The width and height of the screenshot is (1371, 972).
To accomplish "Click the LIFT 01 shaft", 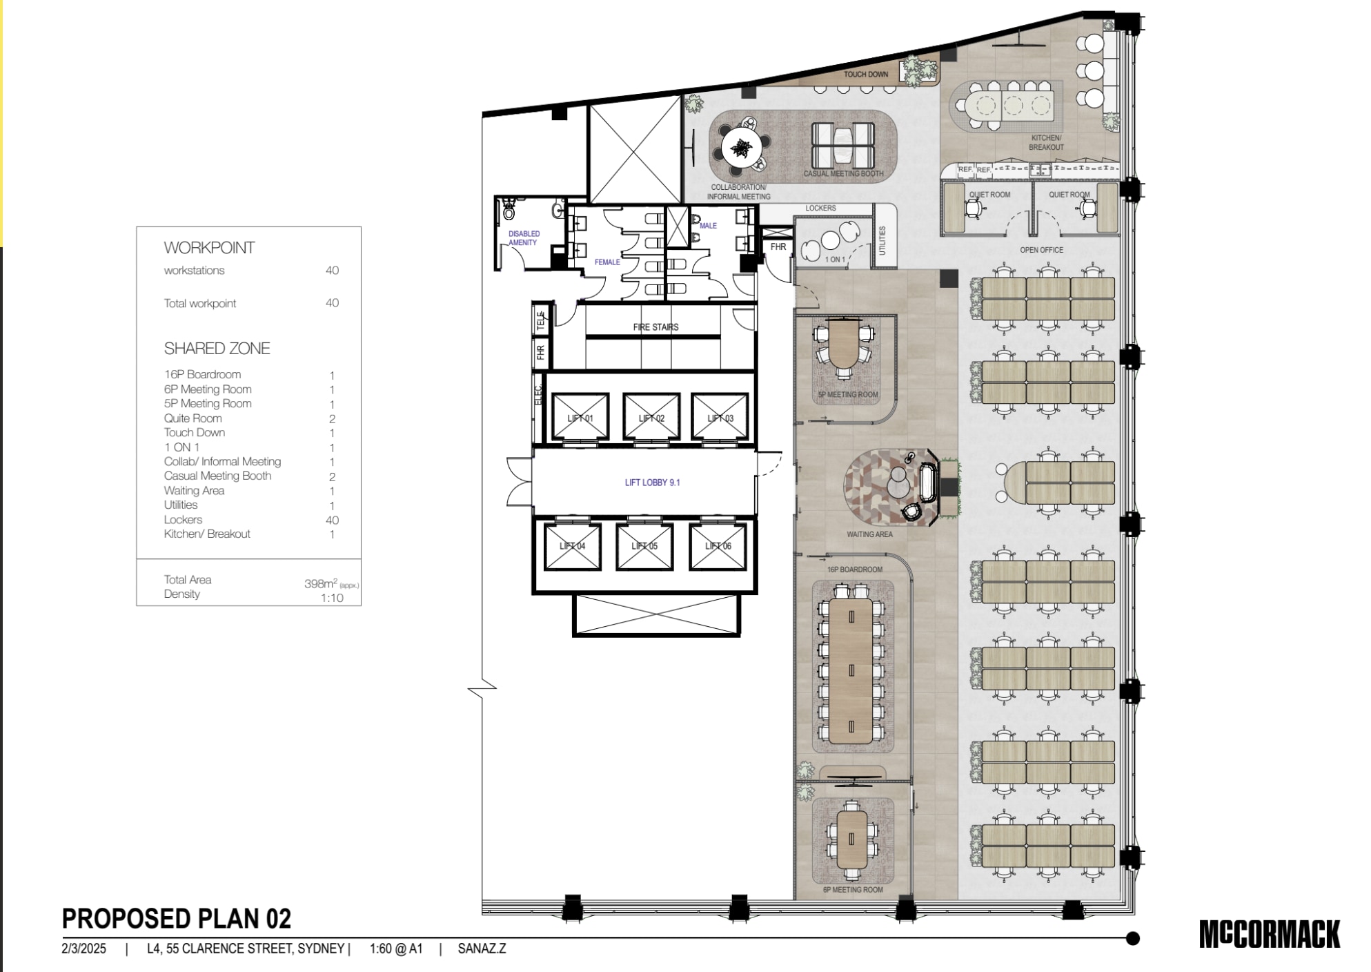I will [580, 417].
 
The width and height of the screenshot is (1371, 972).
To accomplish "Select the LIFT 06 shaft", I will [718, 546].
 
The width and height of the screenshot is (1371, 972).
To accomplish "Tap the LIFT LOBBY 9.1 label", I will [652, 483].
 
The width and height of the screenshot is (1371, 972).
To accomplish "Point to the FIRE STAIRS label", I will [655, 327].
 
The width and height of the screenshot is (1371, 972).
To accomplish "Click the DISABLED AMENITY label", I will [523, 238].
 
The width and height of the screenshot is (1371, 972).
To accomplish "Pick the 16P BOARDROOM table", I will [852, 670].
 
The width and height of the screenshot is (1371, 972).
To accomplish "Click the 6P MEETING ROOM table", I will [852, 839].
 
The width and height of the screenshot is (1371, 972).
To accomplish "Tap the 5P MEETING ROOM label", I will [848, 395].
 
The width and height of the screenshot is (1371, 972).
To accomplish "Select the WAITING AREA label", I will [869, 534].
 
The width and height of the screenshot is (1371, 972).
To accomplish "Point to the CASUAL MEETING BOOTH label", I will [843, 174].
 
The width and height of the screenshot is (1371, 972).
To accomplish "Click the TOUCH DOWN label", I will [866, 75].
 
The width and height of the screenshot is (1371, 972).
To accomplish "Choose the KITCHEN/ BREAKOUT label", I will [1046, 143].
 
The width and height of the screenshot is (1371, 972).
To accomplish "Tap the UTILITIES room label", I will [882, 241].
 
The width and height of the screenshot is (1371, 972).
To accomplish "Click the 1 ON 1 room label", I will [835, 260].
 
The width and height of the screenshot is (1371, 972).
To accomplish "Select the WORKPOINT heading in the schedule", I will [209, 248].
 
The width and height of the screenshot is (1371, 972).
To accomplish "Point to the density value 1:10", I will [332, 598].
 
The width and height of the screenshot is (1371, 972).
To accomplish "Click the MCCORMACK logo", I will [1269, 935].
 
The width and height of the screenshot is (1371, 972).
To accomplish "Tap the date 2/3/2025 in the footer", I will [84, 949].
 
